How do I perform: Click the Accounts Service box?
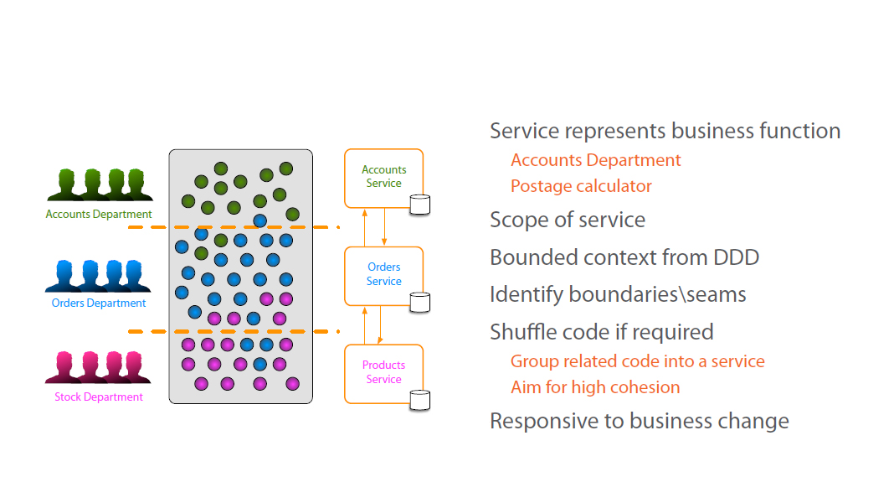coord(383,177)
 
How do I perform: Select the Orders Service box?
coord(383,275)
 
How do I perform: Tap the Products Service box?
coord(383,372)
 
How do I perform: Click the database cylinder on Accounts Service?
coord(420,204)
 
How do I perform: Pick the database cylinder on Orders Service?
coord(420,302)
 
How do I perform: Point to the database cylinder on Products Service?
coord(420,400)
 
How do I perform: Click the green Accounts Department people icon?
coord(99,184)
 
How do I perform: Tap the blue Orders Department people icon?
coord(99,275)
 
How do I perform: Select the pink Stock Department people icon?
coord(99,367)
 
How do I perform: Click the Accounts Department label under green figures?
coord(99,215)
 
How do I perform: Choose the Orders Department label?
coord(99,303)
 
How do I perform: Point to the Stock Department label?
coord(99,397)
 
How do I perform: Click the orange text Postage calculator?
coord(581,186)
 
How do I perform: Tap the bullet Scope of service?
coord(568,220)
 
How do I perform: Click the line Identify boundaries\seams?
coord(618,295)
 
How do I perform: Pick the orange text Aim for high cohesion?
coord(595,387)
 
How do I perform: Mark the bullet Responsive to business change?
coord(639,421)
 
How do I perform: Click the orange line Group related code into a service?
coord(637,362)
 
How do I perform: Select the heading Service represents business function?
coord(665,132)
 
